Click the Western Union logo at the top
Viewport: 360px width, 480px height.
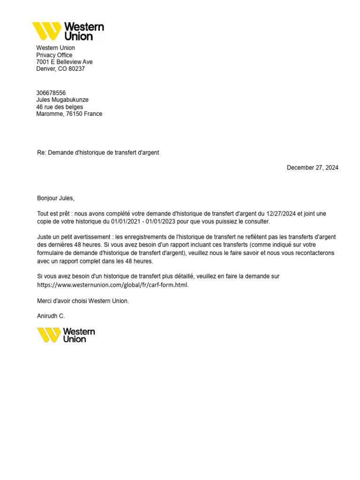click(x=68, y=31)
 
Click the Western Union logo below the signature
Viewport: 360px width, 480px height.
click(x=66, y=335)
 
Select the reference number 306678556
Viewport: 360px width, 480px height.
click(x=51, y=93)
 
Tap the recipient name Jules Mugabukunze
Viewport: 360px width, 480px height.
click(x=62, y=100)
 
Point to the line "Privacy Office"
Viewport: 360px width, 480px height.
click(x=54, y=55)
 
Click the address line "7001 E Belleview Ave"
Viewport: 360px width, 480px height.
click(x=64, y=62)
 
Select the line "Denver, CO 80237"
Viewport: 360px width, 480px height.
click(x=60, y=69)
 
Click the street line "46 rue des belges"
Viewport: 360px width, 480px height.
click(x=60, y=107)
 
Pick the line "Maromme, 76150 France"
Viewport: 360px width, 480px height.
click(x=69, y=114)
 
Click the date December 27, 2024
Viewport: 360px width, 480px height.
click(x=312, y=168)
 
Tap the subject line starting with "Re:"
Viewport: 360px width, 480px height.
click(x=98, y=153)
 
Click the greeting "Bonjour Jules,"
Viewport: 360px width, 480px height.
click(x=56, y=198)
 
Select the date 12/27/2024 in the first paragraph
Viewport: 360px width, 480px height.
click(x=282, y=214)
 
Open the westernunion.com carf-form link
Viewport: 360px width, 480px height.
click(x=113, y=285)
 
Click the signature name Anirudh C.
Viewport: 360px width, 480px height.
click(x=51, y=316)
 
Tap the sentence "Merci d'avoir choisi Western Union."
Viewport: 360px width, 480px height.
click(x=83, y=301)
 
